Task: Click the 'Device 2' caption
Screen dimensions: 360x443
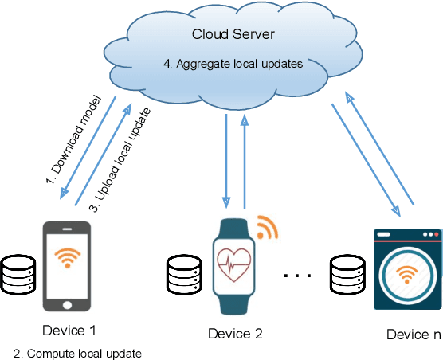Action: point(234,333)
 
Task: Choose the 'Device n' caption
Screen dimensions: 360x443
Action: point(413,335)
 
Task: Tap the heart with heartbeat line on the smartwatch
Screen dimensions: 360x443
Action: point(235,262)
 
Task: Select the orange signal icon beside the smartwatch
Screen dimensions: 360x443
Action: point(268,226)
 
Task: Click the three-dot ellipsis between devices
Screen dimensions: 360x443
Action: point(299,276)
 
